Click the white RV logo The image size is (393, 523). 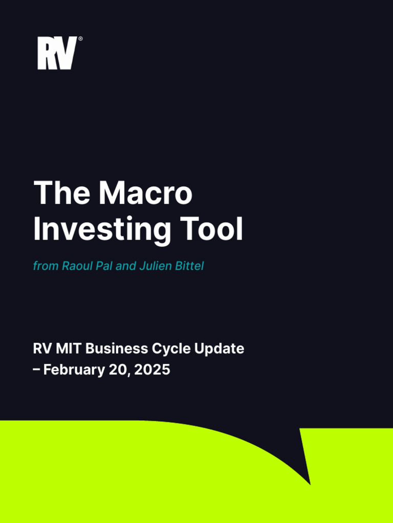[57, 53]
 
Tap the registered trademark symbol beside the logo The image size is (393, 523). [80, 39]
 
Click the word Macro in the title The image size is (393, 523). [146, 193]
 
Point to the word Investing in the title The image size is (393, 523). [102, 230]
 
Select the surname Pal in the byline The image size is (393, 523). [104, 266]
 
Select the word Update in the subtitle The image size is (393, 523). [220, 349]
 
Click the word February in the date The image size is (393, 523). [74, 370]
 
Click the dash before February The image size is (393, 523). [37, 370]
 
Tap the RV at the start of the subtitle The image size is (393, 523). [41, 349]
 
